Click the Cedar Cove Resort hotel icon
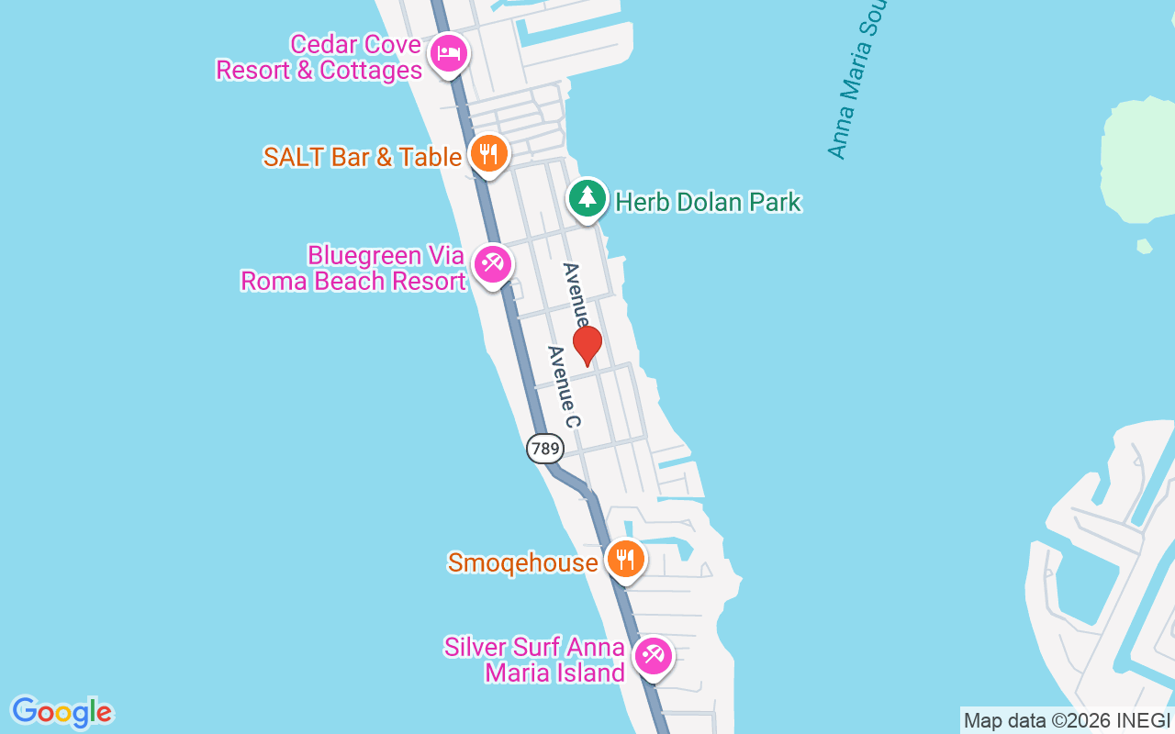click(x=448, y=52)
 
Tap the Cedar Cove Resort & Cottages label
click(x=319, y=58)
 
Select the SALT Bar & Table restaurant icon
click(x=489, y=153)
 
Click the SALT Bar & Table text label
click(x=362, y=157)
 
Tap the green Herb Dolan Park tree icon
click(x=587, y=197)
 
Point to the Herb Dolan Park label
click(x=708, y=202)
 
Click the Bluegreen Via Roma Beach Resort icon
click(x=492, y=264)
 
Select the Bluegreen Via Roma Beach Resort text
click(x=353, y=268)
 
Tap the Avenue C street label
click(x=564, y=386)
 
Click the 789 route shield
click(x=545, y=448)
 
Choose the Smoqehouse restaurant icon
click(x=625, y=559)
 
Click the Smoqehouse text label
click(x=522, y=562)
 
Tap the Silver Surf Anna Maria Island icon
click(x=653, y=655)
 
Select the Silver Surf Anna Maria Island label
click(x=535, y=660)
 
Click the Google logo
click(x=62, y=711)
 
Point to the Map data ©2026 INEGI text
click(x=1067, y=721)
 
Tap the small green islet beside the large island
click(x=1144, y=246)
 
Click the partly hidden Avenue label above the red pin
click(x=576, y=295)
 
